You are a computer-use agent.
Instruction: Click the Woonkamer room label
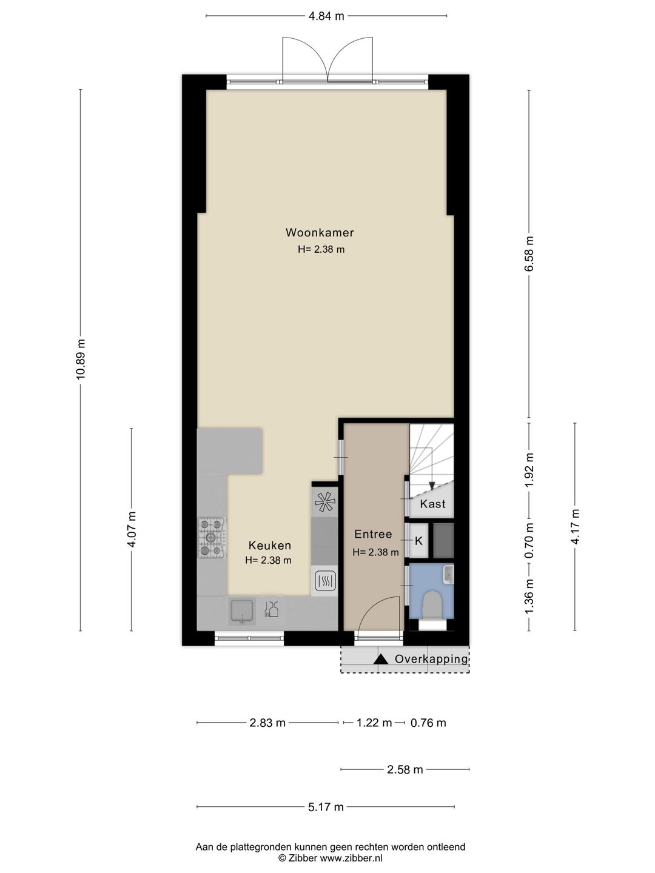pos(320,233)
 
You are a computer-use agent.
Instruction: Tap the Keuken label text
pos(269,546)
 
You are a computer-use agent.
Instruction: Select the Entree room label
pos(373,534)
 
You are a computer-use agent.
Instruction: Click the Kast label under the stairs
pos(432,504)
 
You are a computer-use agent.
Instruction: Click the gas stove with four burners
pos(211,537)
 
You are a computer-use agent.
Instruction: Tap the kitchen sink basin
pos(242,611)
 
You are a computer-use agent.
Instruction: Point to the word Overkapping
pos(431,659)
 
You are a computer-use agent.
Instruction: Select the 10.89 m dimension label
pos(81,359)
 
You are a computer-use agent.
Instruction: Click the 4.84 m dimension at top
pos(326,16)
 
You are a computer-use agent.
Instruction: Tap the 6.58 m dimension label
pos(529,253)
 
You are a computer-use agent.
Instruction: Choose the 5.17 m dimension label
pos(326,807)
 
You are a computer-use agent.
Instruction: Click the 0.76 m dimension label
pos(428,723)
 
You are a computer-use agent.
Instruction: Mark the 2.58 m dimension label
pos(405,770)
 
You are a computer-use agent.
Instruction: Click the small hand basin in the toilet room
pos(448,574)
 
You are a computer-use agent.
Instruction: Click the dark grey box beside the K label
pos(443,540)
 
